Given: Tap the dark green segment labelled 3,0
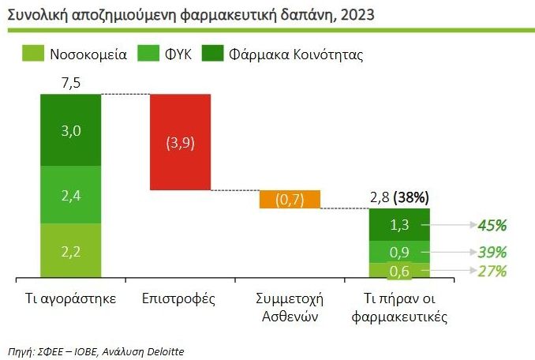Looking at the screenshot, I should [71, 130].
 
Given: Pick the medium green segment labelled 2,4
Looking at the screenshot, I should [71, 194].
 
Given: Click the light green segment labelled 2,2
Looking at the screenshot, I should [71, 251].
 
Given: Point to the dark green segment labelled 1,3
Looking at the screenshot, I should [400, 225].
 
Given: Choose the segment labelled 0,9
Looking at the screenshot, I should [400, 253].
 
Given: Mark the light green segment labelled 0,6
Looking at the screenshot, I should [400, 271].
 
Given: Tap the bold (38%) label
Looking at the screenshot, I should [415, 197].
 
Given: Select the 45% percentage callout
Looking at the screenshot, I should [492, 226].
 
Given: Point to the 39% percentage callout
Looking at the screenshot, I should [492, 253].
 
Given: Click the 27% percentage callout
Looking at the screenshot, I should [492, 271].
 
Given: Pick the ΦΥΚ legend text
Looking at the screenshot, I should [181, 55].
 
